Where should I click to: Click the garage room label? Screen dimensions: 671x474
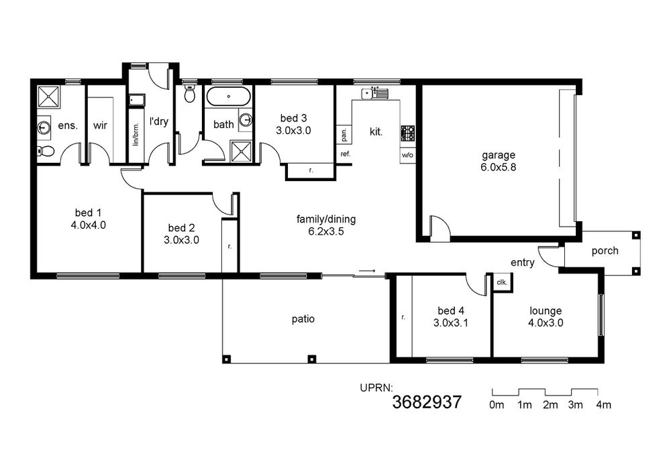pyautogui.click(x=498, y=155)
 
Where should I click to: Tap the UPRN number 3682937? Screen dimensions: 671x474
pyautogui.click(x=427, y=402)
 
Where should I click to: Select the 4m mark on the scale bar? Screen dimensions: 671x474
pyautogui.click(x=603, y=405)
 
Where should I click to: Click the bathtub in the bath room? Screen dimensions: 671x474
pyautogui.click(x=229, y=97)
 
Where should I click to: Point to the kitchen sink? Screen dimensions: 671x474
pyautogui.click(x=374, y=93)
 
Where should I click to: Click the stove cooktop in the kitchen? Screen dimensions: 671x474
pyautogui.click(x=407, y=133)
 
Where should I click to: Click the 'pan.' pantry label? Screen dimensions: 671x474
pyautogui.click(x=344, y=135)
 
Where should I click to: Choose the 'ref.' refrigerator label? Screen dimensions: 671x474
pyautogui.click(x=346, y=154)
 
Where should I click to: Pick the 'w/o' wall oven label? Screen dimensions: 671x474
pyautogui.click(x=407, y=155)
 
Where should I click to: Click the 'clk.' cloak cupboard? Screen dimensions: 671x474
pyautogui.click(x=502, y=282)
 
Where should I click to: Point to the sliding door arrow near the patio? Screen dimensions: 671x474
pyautogui.click(x=367, y=271)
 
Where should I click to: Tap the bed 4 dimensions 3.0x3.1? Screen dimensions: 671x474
pyautogui.click(x=451, y=323)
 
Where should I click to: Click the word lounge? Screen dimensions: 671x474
pyautogui.click(x=546, y=311)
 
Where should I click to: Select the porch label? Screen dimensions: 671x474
pyautogui.click(x=605, y=251)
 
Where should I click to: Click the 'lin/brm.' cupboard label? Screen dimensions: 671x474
pyautogui.click(x=136, y=134)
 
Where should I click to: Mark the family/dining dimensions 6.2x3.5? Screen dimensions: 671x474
pyautogui.click(x=327, y=232)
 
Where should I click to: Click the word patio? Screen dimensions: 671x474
pyautogui.click(x=303, y=319)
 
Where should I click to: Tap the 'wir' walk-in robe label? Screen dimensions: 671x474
pyautogui.click(x=100, y=125)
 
